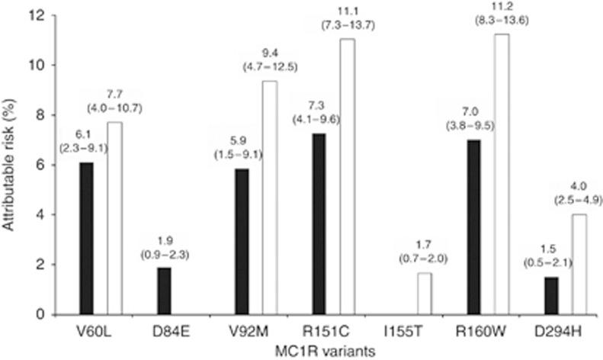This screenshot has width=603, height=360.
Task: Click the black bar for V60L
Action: [85, 238]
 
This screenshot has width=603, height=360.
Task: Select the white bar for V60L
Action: [114, 218]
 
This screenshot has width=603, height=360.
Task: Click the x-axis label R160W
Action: [488, 333]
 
